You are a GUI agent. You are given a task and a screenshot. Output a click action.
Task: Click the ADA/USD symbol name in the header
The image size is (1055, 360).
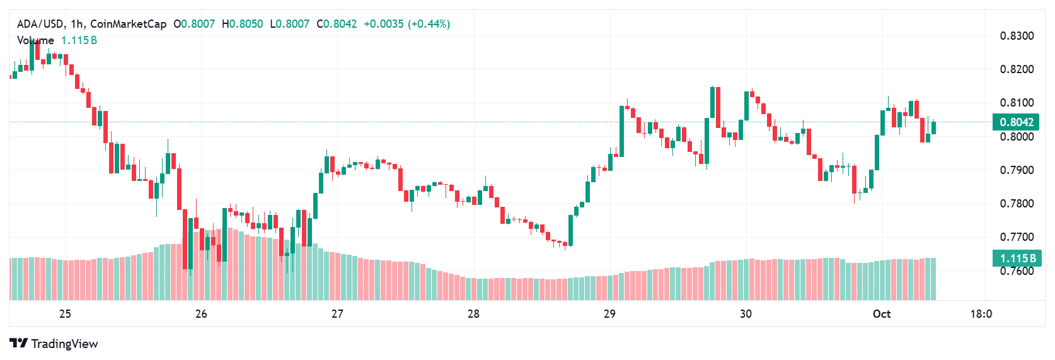40,24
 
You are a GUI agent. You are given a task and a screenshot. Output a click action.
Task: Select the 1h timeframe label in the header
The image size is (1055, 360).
77,24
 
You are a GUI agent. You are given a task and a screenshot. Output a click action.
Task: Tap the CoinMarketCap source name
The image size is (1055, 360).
128,24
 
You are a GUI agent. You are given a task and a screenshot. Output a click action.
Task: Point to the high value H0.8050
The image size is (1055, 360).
242,24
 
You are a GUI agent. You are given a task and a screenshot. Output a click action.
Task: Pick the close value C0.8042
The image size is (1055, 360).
337,24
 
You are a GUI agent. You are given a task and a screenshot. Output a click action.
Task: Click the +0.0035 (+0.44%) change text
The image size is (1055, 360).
406,24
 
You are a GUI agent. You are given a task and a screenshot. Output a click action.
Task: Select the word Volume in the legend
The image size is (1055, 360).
35,40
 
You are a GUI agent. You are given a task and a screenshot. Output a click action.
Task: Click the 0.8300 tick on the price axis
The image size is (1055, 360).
1017,36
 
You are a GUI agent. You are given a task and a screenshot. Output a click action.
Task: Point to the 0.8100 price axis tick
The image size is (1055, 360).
1017,103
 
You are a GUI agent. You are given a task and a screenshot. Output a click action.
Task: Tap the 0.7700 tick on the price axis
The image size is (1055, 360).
1017,237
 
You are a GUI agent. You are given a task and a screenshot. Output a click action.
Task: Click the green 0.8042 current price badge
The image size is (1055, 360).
1016,122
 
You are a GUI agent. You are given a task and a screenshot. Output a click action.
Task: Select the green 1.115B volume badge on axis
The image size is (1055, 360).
1016,258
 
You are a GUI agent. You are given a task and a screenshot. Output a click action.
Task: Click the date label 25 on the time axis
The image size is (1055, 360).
65,314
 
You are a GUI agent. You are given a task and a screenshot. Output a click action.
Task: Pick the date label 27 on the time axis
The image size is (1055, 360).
337,314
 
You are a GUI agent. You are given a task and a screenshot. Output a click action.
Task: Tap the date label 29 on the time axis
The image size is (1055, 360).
609,314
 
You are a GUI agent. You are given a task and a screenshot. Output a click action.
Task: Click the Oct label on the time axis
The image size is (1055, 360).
881,314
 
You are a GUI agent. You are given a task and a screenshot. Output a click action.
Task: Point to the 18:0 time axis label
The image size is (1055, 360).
981,314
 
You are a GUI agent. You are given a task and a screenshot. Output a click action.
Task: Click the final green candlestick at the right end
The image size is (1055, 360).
933,127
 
